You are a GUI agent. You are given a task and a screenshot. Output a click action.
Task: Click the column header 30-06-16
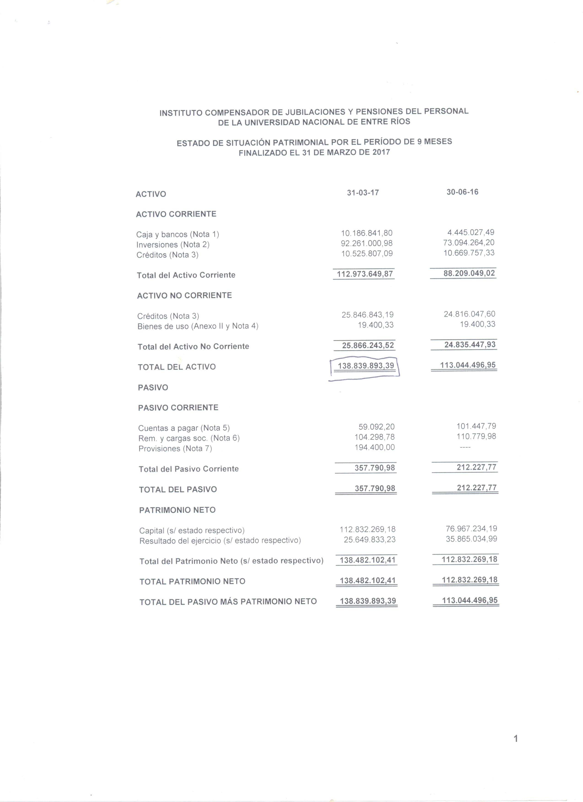click(462, 192)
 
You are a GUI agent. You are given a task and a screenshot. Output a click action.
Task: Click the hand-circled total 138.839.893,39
click(366, 366)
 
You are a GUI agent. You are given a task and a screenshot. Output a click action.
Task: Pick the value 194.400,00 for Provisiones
click(375, 447)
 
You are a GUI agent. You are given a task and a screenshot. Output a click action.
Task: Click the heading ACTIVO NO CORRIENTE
click(184, 296)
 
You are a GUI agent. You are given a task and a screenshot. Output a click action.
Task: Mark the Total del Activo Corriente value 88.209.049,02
click(469, 273)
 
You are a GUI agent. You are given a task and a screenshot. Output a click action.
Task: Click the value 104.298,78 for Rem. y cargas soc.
click(375, 437)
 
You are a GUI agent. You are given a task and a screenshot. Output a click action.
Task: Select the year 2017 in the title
click(381, 152)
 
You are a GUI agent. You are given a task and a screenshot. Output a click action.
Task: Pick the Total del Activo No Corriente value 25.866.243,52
click(368, 345)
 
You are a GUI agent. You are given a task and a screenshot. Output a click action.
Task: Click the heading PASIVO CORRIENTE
click(178, 408)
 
